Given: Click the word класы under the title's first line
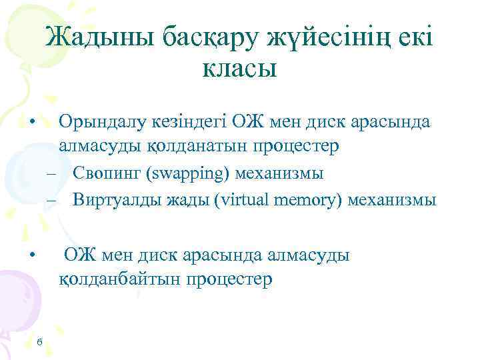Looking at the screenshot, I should tap(239, 69).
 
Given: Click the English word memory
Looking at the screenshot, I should tap(297, 199).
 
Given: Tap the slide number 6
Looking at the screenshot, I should tap(40, 342).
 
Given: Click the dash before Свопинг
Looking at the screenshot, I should tap(51, 175).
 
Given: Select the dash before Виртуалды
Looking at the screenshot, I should tap(51, 200).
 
